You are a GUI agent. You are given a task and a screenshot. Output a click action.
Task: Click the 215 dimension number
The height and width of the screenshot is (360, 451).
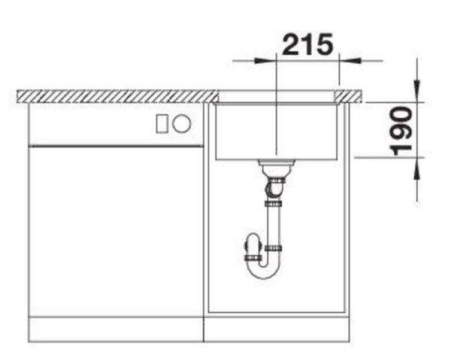[307, 44]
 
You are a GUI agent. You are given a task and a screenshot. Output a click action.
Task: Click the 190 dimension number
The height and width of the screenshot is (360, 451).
[401, 131]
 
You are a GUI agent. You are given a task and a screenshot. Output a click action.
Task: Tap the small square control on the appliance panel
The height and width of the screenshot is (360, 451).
[162, 124]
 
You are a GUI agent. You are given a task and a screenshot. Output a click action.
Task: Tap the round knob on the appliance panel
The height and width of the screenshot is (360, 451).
[181, 124]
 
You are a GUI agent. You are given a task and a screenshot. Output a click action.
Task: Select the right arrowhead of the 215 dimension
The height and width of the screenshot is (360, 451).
[350, 61]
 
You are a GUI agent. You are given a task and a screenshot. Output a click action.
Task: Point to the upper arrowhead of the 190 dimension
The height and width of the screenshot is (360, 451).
[416, 91]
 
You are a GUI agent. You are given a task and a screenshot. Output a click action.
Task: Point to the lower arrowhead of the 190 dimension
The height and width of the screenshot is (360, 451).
[416, 168]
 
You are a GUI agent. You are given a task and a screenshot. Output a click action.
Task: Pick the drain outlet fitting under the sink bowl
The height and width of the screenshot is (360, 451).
[276, 167]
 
